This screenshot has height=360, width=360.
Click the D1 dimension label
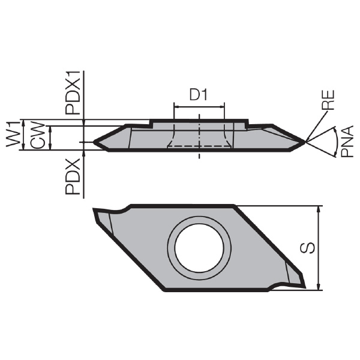click(199, 95)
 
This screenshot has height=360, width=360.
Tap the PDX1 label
click(73, 93)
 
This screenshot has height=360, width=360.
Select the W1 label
click(13, 134)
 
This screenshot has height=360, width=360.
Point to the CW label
click(37, 136)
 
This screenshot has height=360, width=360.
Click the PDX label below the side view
click(73, 177)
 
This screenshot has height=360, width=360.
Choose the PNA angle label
click(346, 142)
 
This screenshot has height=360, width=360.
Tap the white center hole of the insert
click(199, 248)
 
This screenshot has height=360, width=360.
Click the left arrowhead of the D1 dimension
click(176, 107)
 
